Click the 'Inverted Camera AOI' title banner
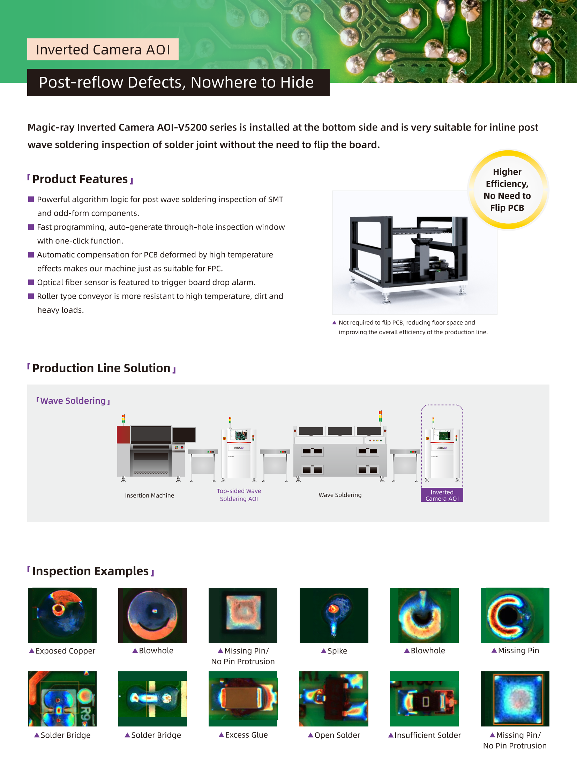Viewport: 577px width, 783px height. pyautogui.click(x=103, y=49)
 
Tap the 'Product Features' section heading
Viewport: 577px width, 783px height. pyautogui.click(x=80, y=179)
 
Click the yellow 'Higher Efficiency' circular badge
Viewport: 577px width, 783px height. pyautogui.click(x=508, y=190)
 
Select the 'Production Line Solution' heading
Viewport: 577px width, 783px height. pyautogui.click(x=101, y=368)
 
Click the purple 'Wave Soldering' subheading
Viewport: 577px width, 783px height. pyautogui.click(x=73, y=401)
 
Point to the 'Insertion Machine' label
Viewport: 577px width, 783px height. pyautogui.click(x=150, y=495)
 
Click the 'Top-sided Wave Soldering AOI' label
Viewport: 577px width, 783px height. pyautogui.click(x=239, y=495)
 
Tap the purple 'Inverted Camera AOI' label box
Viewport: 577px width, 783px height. pyautogui.click(x=442, y=495)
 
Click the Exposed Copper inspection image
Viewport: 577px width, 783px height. pyautogui.click(x=62, y=615)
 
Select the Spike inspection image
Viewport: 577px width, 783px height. pyautogui.click(x=334, y=615)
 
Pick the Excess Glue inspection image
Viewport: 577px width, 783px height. pyautogui.click(x=243, y=699)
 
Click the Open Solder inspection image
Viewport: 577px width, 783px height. pyautogui.click(x=334, y=699)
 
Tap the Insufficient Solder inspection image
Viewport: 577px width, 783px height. pyautogui.click(x=424, y=699)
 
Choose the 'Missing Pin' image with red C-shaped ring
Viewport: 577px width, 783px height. pyautogui.click(x=515, y=615)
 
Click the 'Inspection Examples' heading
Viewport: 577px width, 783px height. pyautogui.click(x=91, y=571)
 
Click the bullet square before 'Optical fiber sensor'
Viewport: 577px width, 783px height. pyautogui.click(x=31, y=282)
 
